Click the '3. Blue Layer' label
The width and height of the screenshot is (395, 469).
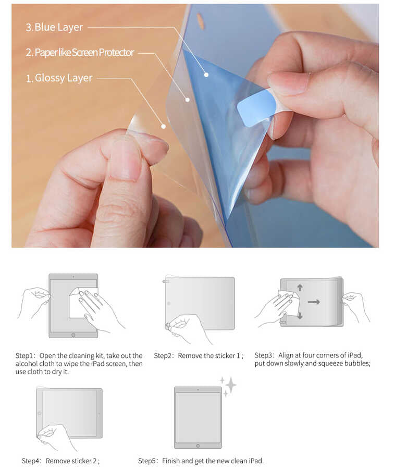click(54, 27)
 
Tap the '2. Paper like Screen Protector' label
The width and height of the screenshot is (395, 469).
click(80, 53)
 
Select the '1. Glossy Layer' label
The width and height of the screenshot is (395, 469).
click(59, 78)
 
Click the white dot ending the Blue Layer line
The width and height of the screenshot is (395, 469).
click(206, 75)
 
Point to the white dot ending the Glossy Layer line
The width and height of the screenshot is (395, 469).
click(163, 126)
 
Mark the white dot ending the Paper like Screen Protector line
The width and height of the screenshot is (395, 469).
click(187, 99)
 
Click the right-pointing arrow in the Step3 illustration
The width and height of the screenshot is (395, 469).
click(314, 301)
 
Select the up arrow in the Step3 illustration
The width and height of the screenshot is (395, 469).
click(300, 288)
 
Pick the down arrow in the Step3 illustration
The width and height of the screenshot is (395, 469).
click(300, 315)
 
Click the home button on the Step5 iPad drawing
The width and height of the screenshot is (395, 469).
click(197, 445)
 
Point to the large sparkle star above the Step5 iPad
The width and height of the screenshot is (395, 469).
click(230, 385)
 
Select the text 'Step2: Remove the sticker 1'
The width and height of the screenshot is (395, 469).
click(198, 356)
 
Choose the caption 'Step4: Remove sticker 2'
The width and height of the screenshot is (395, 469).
click(60, 461)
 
